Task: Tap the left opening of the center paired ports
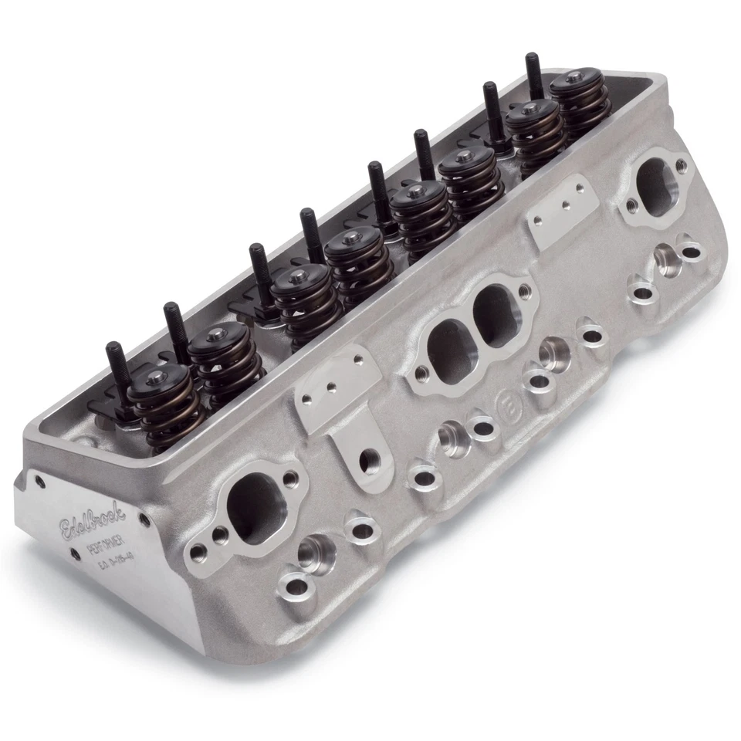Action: point(450,350)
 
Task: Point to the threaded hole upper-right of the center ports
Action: point(526,291)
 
